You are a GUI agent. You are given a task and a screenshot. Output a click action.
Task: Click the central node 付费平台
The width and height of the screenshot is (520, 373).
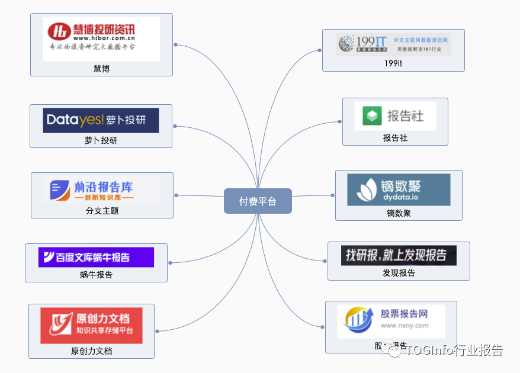(x=258, y=201)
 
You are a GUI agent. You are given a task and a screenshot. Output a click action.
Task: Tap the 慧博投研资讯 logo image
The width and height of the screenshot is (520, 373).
(x=101, y=38)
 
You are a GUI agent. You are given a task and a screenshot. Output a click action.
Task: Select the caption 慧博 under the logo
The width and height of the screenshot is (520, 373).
(x=101, y=69)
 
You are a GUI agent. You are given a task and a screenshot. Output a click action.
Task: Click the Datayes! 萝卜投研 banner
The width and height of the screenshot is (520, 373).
(x=101, y=120)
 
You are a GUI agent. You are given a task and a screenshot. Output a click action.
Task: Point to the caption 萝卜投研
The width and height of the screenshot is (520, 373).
(x=101, y=140)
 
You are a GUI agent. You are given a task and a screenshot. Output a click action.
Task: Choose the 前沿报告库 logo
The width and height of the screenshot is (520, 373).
(x=102, y=190)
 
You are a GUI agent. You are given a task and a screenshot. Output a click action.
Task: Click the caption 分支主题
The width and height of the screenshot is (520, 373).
(x=102, y=210)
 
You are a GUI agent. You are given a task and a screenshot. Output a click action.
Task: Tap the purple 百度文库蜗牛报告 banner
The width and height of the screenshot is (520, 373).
(x=96, y=257)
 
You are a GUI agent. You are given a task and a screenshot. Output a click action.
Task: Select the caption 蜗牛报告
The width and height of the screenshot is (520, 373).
(x=96, y=274)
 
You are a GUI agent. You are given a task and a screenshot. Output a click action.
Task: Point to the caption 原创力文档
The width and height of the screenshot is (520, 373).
(x=91, y=351)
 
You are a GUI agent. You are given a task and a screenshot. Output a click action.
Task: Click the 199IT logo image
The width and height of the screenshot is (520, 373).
(x=393, y=44)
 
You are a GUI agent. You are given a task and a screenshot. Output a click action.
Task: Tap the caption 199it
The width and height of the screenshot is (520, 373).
(x=393, y=63)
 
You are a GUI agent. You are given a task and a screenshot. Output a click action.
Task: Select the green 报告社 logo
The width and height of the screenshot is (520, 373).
(x=395, y=116)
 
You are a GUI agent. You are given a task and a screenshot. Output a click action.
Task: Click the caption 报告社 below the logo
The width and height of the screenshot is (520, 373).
(x=395, y=138)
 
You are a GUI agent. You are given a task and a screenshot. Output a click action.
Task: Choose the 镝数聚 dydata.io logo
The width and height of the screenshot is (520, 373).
(x=398, y=189)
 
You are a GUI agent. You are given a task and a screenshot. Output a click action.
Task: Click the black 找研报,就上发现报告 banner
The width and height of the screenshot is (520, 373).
(x=398, y=255)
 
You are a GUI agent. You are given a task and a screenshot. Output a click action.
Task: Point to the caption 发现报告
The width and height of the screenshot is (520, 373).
(x=399, y=273)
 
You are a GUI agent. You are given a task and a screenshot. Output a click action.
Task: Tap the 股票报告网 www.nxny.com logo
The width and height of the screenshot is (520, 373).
(x=390, y=321)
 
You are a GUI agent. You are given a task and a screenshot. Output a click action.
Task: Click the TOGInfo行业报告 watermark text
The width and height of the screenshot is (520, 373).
(x=454, y=350)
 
